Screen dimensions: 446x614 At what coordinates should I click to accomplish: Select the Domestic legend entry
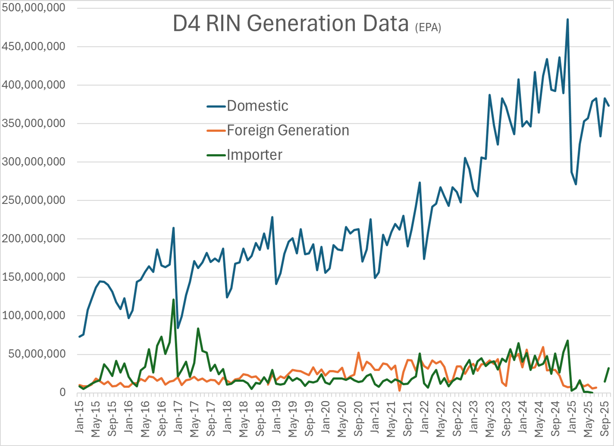click(x=257, y=106)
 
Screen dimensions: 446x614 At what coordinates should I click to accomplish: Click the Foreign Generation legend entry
click(x=288, y=130)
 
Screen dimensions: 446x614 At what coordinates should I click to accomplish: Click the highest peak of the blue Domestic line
click(x=567, y=20)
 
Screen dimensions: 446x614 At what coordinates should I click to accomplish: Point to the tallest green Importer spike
click(x=173, y=300)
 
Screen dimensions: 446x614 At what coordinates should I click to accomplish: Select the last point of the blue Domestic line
click(x=609, y=106)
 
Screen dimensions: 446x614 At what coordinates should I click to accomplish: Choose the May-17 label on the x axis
click(x=194, y=419)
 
